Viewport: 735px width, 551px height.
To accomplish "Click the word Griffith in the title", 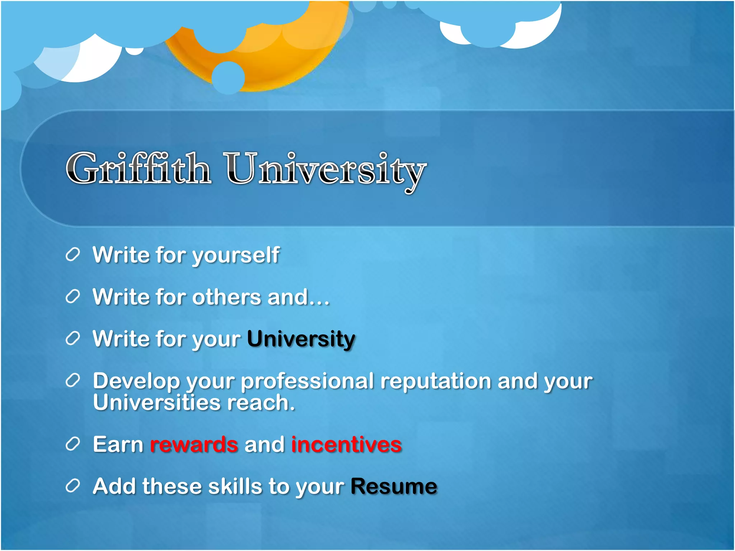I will click(138, 169).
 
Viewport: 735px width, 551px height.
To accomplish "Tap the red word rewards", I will click(194, 445).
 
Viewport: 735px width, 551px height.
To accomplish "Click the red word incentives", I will click(346, 445).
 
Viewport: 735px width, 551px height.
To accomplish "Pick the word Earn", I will click(118, 445).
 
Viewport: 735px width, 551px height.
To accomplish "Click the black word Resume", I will click(394, 487).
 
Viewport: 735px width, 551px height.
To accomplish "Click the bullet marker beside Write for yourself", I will click(72, 255).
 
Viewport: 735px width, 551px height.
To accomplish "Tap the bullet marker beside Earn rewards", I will click(72, 444).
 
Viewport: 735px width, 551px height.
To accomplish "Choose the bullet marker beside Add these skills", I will click(72, 486).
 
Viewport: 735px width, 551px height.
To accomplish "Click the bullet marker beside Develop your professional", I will click(72, 381).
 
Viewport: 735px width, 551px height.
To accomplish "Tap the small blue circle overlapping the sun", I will click(228, 78).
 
